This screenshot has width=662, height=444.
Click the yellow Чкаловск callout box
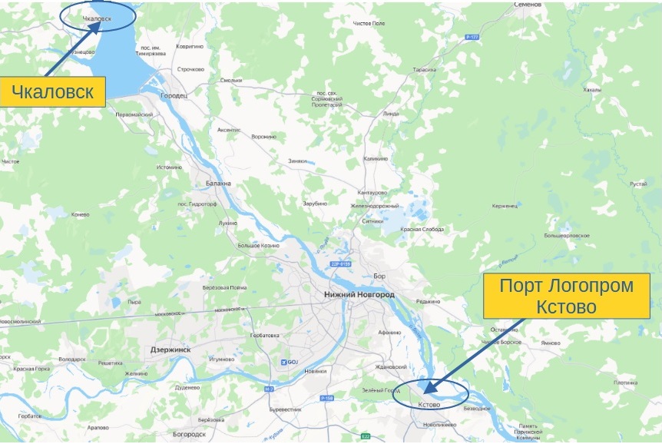pyautogui.click(x=52, y=93)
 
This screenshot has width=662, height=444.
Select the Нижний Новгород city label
pyautogui.click(x=359, y=294)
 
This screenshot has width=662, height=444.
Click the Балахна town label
pyautogui.click(x=218, y=184)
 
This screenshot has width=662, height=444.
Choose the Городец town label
pyautogui.click(x=173, y=96)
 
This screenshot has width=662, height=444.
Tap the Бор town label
pyautogui.click(x=377, y=275)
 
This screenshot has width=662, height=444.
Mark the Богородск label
pyautogui.click(x=189, y=433)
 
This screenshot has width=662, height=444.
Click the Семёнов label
pyautogui.click(x=528, y=5)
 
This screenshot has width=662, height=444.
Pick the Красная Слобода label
pyautogui.click(x=422, y=229)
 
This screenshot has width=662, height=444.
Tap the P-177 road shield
pyautogui.click(x=472, y=36)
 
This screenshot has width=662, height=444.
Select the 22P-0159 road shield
pyautogui.click(x=340, y=263)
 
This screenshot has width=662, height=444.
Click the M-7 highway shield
pyautogui.click(x=269, y=389)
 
